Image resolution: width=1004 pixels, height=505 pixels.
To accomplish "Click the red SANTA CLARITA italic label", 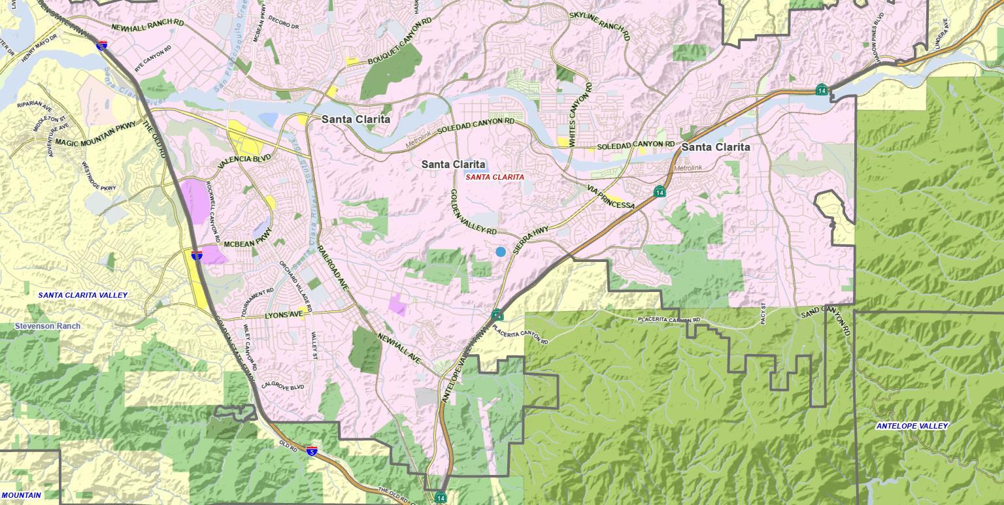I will pyautogui.click(x=495, y=177).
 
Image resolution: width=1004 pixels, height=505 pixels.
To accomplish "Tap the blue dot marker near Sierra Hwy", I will pyautogui.click(x=501, y=252).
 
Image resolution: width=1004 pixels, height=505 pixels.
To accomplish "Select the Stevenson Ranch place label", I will pyautogui.click(x=48, y=326).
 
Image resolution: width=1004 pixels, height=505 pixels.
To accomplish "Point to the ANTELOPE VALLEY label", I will pyautogui.click(x=912, y=426).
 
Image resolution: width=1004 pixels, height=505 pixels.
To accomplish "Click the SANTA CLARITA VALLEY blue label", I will pyautogui.click(x=83, y=295).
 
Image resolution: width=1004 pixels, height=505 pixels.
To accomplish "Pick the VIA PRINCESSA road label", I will pyautogui.click(x=611, y=197).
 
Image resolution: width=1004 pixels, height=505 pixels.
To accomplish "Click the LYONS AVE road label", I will pyautogui.click(x=284, y=315).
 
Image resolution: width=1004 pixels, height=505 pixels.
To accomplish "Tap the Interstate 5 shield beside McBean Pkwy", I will pyautogui.click(x=197, y=255).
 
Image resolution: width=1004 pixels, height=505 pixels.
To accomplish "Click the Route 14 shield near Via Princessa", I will pyautogui.click(x=660, y=191).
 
